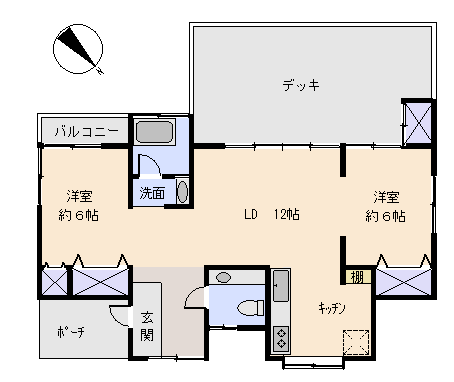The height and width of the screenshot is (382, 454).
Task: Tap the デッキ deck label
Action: coord(301,85)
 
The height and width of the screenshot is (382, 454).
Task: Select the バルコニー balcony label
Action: coord(87,131)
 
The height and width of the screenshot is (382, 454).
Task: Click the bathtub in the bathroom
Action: coord(154,132)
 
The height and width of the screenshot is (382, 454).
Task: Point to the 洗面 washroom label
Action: coord(152,193)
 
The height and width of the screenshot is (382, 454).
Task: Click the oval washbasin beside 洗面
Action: coord(182,192)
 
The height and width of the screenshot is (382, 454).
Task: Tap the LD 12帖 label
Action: coord(272,214)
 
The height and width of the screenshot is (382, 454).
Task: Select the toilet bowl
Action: coord(251,308)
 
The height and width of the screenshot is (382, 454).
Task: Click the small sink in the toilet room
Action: coord(223,277)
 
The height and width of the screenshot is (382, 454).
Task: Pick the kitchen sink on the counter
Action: coord(281,286)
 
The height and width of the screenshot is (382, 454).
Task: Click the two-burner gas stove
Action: coord(281,339)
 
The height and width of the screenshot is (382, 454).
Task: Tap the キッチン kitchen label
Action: coord(332,308)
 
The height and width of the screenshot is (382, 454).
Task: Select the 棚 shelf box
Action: coord(358,277)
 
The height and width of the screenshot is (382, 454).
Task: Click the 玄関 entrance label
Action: coord(147,327)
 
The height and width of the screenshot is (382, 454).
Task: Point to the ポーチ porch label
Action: coord(71,332)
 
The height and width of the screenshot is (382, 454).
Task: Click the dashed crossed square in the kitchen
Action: coord(356,342)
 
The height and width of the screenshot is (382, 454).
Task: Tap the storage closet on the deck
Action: coord(418,123)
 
